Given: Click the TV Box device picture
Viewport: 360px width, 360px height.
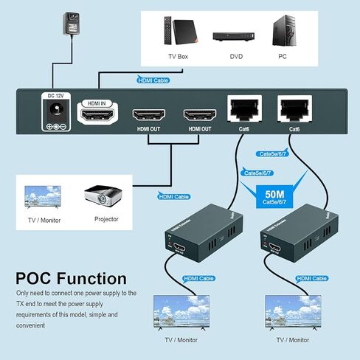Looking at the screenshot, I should (177, 30).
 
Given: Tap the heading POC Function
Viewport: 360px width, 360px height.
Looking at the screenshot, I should (71, 279).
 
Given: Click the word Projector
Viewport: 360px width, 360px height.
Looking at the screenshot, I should (106, 219).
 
